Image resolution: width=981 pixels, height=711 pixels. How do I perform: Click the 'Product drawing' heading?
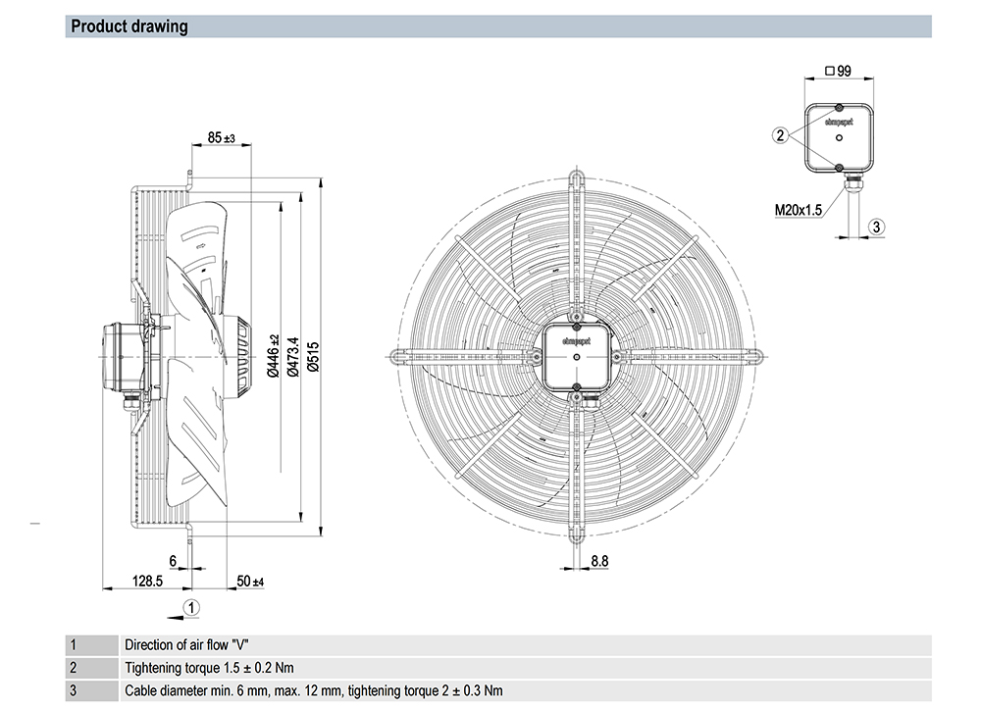[x=129, y=26]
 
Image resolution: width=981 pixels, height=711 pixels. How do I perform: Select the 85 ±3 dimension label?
[x=222, y=138]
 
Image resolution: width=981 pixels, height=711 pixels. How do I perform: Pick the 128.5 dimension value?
[x=147, y=582]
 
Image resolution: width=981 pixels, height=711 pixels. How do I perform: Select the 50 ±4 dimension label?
[x=251, y=583]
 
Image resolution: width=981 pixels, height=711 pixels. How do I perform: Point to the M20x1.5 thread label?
[x=798, y=209]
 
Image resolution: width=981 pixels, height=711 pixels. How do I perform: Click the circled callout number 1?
[x=193, y=607]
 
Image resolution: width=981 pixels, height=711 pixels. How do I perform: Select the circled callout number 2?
[x=780, y=135]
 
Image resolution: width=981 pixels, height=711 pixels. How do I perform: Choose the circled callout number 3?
[x=877, y=227]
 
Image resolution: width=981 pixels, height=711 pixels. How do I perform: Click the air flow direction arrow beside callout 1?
[x=175, y=617]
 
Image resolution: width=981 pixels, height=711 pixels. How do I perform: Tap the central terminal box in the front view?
[x=576, y=357]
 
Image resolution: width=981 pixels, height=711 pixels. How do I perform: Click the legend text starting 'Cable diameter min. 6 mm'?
[x=314, y=690]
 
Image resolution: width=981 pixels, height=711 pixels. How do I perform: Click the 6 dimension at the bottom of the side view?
[x=173, y=561]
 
